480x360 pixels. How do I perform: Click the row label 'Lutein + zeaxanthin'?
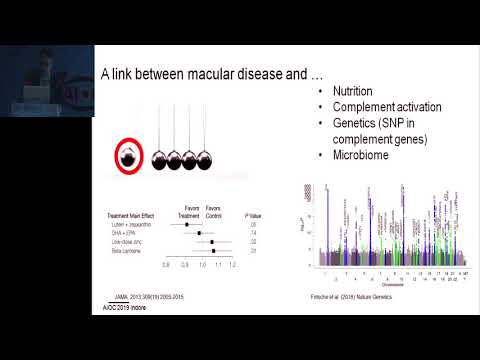tap(137, 224)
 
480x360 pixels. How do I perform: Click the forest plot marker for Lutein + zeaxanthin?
tap(187, 224)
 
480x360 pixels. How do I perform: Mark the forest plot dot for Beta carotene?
tap(213, 250)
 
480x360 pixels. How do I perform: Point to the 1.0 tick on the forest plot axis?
tap(202, 264)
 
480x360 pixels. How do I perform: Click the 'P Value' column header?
tap(257, 213)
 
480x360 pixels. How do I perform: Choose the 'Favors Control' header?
tap(212, 211)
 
